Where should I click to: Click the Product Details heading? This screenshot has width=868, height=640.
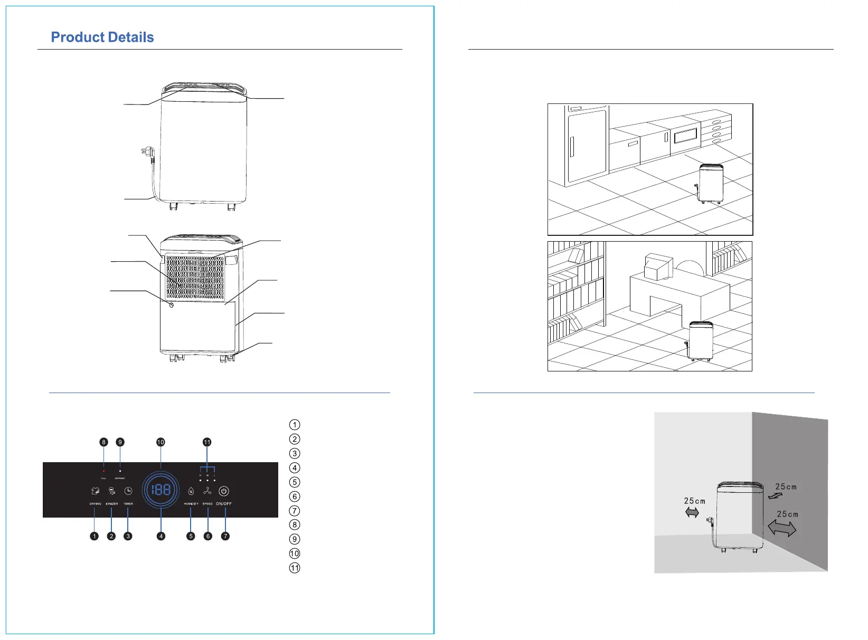click(102, 37)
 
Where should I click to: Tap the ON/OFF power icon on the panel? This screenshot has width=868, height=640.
click(224, 491)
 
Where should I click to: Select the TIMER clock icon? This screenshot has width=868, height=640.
click(128, 491)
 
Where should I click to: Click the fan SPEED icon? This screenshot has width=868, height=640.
click(207, 491)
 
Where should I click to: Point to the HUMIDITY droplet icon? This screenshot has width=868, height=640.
click(191, 492)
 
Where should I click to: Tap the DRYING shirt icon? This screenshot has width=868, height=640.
click(96, 491)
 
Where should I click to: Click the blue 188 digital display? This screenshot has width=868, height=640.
click(161, 490)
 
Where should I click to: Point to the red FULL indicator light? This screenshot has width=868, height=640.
click(104, 471)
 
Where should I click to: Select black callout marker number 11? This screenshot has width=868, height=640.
click(207, 442)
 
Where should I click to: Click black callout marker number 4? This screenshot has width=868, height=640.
click(161, 536)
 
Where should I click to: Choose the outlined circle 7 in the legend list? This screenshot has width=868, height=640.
click(295, 511)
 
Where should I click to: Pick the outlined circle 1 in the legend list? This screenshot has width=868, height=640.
click(295, 425)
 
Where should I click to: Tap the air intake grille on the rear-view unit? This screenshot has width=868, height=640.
click(195, 277)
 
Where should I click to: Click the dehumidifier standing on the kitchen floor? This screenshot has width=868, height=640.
click(711, 183)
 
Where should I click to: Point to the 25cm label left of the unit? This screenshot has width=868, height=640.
click(694, 501)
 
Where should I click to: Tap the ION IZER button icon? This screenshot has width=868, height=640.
click(112, 491)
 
